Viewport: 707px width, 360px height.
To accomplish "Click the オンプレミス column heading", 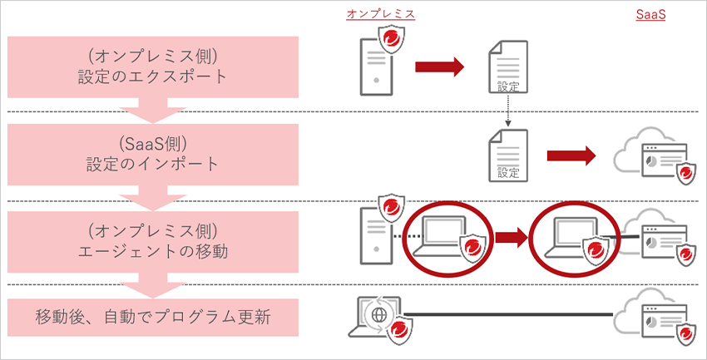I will tap(381, 14).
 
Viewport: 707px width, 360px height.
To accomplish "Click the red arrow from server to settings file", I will tap(438, 67).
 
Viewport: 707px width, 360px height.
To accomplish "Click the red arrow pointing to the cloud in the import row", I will tap(571, 155).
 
